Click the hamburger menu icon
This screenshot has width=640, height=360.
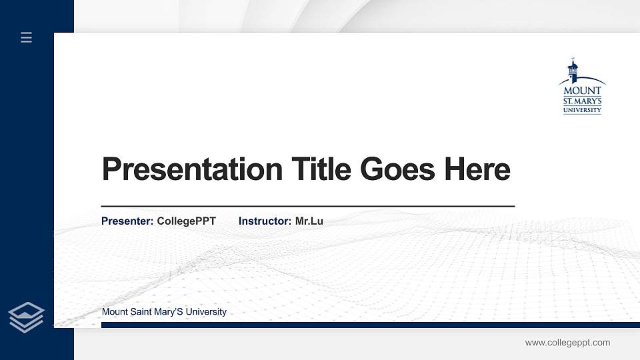(27, 38)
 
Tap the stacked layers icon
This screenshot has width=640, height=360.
(27, 317)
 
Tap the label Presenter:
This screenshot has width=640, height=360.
(127, 221)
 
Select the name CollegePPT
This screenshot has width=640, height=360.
(186, 221)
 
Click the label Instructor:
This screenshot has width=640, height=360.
(265, 221)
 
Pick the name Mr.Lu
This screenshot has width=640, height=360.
(309, 221)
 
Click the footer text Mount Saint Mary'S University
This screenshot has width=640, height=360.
(164, 312)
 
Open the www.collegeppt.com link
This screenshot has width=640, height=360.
(567, 343)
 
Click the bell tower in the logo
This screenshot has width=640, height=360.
(572, 70)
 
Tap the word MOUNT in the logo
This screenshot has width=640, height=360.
(583, 90)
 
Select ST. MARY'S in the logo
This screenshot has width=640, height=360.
(583, 101)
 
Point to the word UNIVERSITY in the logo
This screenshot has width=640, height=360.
(583, 110)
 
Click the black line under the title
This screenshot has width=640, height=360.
(307, 207)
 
